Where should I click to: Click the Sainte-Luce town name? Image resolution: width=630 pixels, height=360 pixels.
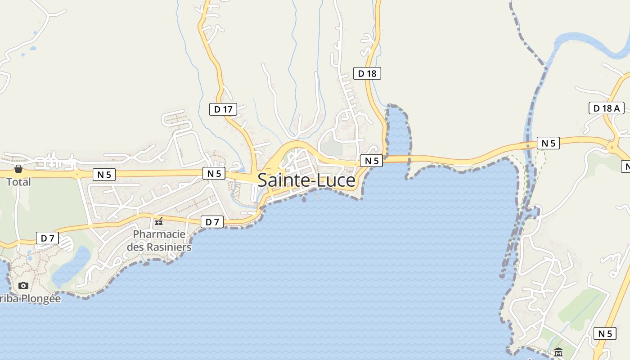pyautogui.click(x=306, y=180)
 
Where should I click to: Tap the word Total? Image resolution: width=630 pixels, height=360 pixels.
pyautogui.click(x=18, y=182)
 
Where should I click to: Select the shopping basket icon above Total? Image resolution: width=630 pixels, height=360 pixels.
pyautogui.click(x=18, y=169)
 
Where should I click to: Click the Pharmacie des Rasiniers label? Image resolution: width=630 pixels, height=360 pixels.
pyautogui.click(x=159, y=241)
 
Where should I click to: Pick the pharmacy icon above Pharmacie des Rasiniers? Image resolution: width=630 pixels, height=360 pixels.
pyautogui.click(x=159, y=221)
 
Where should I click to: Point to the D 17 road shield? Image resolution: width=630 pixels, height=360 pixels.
pyautogui.click(x=223, y=109)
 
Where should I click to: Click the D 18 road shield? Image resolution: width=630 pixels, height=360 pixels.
pyautogui.click(x=367, y=73)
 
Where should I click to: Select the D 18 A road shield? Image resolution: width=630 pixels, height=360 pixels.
pyautogui.click(x=606, y=108)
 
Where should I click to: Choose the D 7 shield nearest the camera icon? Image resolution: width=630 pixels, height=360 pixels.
pyautogui.click(x=47, y=238)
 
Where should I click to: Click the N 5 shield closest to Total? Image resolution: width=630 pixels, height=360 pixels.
pyautogui.click(x=104, y=175)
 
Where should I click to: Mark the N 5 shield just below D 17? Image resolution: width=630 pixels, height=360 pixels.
pyautogui.click(x=214, y=173)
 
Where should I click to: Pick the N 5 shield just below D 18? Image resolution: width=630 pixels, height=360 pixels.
pyautogui.click(x=371, y=161)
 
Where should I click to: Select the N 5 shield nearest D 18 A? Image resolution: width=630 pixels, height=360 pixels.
pyautogui.click(x=548, y=143)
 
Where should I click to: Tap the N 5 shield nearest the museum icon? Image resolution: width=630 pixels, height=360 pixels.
pyautogui.click(x=605, y=333)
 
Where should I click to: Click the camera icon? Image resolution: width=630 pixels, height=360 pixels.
pyautogui.click(x=23, y=285)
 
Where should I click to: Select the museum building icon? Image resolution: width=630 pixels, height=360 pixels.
pyautogui.click(x=558, y=352)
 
